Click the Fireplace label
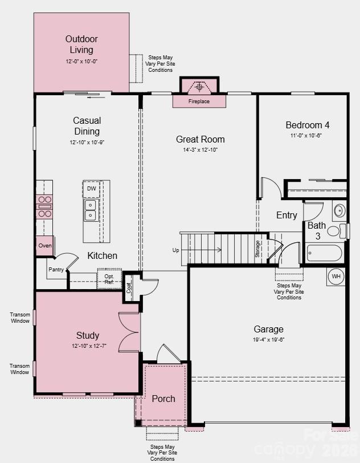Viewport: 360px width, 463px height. point(199,101)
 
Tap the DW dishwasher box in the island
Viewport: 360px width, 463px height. point(91,189)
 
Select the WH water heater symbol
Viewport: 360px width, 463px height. point(336,277)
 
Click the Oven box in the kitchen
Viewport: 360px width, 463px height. point(44,246)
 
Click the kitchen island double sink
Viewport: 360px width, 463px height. point(91,210)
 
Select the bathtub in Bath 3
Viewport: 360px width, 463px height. point(324,253)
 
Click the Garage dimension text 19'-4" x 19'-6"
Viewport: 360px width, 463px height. point(268,339)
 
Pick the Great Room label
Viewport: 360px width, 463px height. point(200,139)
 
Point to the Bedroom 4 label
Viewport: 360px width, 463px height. point(307,125)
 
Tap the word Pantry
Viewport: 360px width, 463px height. point(56,270)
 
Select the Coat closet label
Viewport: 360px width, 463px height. point(129,287)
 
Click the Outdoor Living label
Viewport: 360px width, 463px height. point(81,44)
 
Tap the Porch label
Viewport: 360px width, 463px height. point(163,399)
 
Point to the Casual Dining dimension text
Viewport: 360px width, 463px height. point(87,143)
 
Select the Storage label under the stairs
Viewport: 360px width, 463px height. point(257,249)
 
